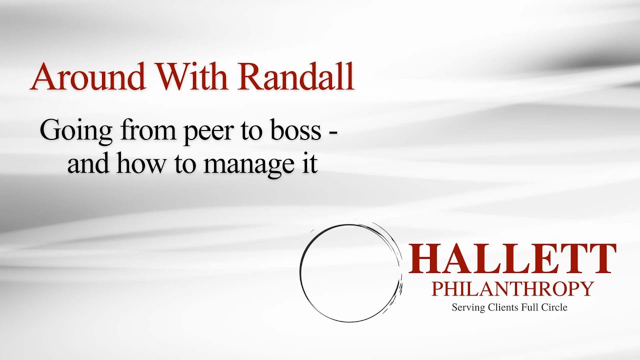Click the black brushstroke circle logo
[350, 272]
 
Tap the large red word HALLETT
[512, 259]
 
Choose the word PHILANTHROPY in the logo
[512, 289]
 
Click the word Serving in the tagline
[467, 308]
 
